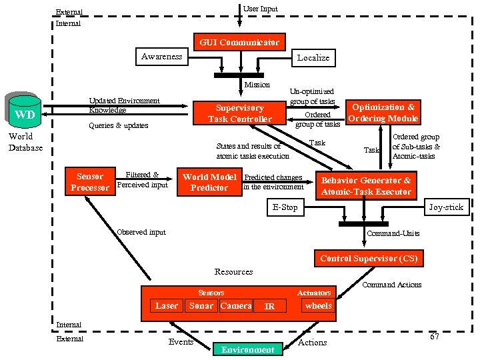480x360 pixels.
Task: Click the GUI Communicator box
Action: pyautogui.click(x=239, y=42)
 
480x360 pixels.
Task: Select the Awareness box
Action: pyautogui.click(x=161, y=57)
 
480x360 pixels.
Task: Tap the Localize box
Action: pyautogui.click(x=313, y=58)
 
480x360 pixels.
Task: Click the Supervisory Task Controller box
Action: pyautogui.click(x=239, y=113)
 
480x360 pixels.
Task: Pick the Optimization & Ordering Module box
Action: pyautogui.click(x=383, y=113)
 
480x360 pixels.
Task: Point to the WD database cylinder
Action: pyautogui.click(x=25, y=113)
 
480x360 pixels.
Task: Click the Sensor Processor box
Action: pyautogui.click(x=89, y=182)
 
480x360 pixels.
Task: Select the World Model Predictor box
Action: pyautogui.click(x=209, y=182)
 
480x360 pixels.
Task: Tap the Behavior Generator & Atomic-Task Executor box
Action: pyautogui.click(x=366, y=186)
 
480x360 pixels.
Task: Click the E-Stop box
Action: pyautogui.click(x=285, y=207)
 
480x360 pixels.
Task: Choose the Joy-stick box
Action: pyautogui.click(x=445, y=207)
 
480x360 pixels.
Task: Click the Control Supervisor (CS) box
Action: pyautogui.click(x=369, y=258)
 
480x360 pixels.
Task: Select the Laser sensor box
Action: pyautogui.click(x=167, y=306)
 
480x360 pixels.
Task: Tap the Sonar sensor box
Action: pyautogui.click(x=201, y=306)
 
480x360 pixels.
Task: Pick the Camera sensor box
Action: pyautogui.click(x=235, y=306)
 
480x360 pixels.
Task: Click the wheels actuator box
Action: pyautogui.click(x=318, y=306)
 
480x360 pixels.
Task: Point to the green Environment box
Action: pyautogui.click(x=247, y=349)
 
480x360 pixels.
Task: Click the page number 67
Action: pyautogui.click(x=434, y=337)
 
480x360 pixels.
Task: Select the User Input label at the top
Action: pyautogui.click(x=260, y=9)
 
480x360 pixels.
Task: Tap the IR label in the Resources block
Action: pyautogui.click(x=269, y=307)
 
